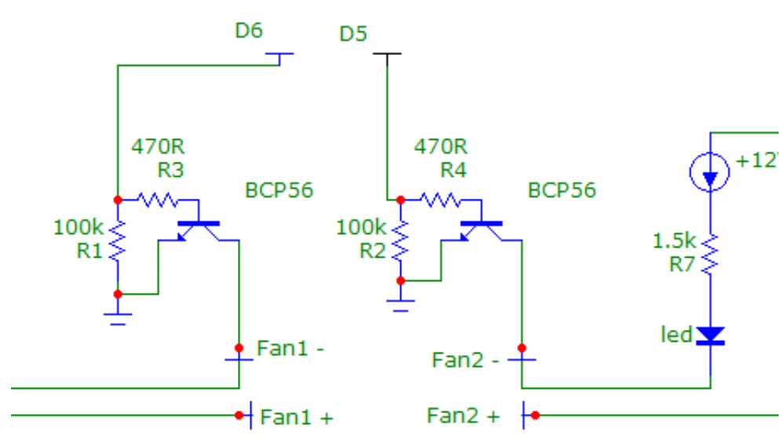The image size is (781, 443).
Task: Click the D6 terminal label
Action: [249, 31]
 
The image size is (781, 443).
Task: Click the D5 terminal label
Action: [353, 35]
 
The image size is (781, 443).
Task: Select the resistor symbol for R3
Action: [158, 200]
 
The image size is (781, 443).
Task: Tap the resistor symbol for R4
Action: [440, 200]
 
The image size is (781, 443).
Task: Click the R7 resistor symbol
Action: [710, 254]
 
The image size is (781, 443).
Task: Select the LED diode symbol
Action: [710, 335]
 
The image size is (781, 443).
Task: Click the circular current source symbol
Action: [710, 171]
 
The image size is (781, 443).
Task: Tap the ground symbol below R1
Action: [118, 317]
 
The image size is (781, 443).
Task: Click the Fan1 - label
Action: [290, 348]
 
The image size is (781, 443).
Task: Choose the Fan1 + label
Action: [296, 417]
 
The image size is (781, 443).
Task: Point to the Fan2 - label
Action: [465, 361]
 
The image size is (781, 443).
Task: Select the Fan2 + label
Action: [462, 416]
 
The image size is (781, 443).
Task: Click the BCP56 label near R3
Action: [279, 190]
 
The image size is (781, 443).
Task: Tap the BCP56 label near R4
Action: [561, 190]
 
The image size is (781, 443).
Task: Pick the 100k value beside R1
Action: [78, 228]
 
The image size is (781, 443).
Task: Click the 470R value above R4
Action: [440, 147]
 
